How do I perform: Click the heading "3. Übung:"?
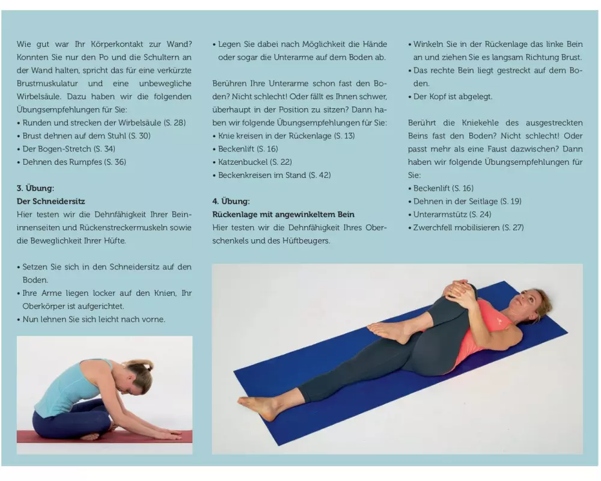[35, 188]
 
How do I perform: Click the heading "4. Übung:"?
[231, 201]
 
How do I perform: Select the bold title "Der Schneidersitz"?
[50, 201]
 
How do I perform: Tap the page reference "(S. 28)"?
[174, 123]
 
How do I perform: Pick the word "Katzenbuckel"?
[243, 162]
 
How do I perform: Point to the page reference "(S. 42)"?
[320, 175]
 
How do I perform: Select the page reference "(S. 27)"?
[513, 227]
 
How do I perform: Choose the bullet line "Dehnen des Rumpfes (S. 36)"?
[75, 162]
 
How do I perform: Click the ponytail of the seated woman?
[140, 367]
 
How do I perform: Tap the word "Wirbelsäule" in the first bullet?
[139, 123]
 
